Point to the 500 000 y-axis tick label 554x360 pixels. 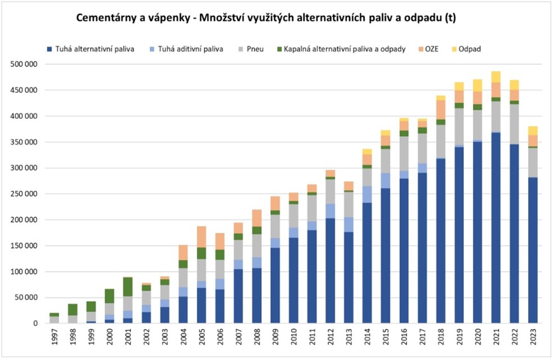coord(24,64)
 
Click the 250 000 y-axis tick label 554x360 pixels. coord(24,194)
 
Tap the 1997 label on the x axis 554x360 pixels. coord(55,338)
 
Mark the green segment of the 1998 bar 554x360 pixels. coord(73,309)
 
